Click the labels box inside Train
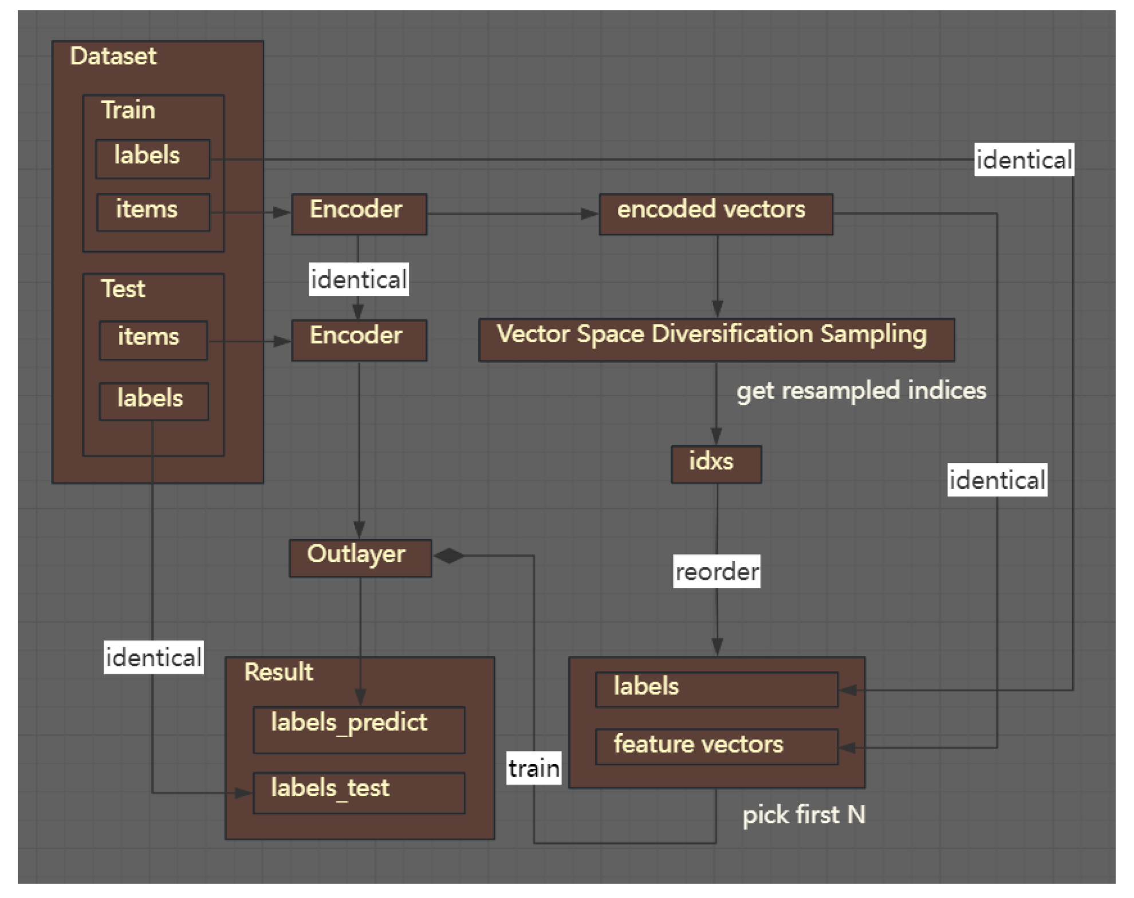(x=152, y=159)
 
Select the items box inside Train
(x=153, y=212)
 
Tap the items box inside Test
(x=153, y=340)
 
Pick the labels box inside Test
(x=153, y=401)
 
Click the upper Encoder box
(x=359, y=214)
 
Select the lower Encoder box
(x=359, y=340)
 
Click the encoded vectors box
(x=716, y=214)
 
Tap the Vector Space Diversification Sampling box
(x=716, y=339)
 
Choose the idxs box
(x=716, y=464)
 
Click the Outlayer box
(x=360, y=558)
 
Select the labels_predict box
(x=359, y=730)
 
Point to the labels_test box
(x=359, y=793)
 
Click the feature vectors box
(x=716, y=746)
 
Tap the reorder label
(x=716, y=571)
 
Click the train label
(x=534, y=768)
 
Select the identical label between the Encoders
(x=359, y=279)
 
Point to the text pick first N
(x=804, y=814)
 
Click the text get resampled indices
(x=861, y=390)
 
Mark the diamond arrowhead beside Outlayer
(x=450, y=556)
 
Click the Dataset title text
(x=113, y=56)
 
